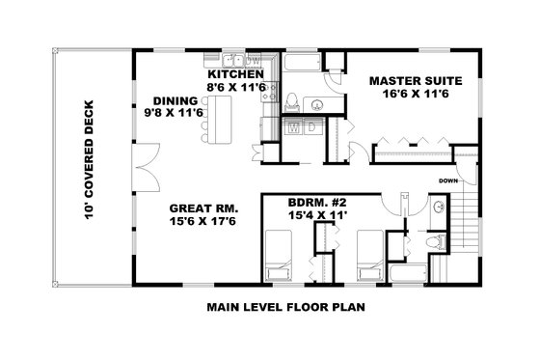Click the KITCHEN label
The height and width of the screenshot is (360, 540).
pyautogui.click(x=235, y=74)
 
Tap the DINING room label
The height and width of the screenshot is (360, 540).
pyautogui.click(x=175, y=100)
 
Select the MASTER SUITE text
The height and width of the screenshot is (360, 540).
pyautogui.click(x=416, y=81)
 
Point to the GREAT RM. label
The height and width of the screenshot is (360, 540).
pyautogui.click(x=203, y=208)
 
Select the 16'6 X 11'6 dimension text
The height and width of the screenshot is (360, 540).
pyautogui.click(x=416, y=95)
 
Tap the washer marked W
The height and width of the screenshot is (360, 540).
pyautogui.click(x=294, y=126)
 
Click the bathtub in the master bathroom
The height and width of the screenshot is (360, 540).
pyautogui.click(x=299, y=63)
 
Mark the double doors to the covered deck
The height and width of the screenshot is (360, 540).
pyautogui.click(x=142, y=166)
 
